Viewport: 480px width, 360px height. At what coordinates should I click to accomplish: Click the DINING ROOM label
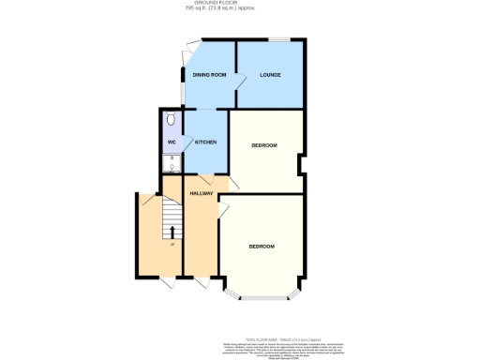(210, 74)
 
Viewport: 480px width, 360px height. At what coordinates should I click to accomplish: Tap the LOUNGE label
(271, 75)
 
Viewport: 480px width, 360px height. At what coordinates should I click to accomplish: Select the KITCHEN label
(206, 142)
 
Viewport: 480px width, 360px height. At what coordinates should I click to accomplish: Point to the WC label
(172, 142)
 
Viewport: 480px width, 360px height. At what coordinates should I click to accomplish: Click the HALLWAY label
(202, 193)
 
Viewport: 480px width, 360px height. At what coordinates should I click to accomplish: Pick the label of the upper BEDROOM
(265, 146)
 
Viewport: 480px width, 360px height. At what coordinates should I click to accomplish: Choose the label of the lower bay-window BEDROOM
(262, 246)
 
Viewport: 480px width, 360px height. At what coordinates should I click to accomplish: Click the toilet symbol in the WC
(170, 121)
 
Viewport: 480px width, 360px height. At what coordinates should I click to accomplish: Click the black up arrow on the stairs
(172, 232)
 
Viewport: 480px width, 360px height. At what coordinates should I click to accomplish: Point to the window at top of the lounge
(280, 38)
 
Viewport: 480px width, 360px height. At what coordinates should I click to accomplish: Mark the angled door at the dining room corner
(192, 44)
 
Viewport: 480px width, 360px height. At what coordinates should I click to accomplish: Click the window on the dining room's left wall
(183, 86)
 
